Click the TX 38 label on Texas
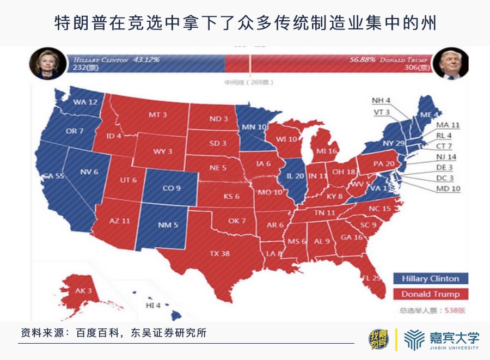pyautogui.click(x=219, y=253)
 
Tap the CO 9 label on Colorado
pyautogui.click(x=171, y=188)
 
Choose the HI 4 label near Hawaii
pyautogui.click(x=153, y=306)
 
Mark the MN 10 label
pyautogui.click(x=254, y=127)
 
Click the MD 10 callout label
pyautogui.click(x=448, y=188)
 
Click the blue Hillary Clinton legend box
pyautogui.click(x=430, y=279)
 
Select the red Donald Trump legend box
pyautogui.click(x=430, y=294)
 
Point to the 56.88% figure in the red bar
pyautogui.click(x=362, y=59)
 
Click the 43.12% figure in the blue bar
pyautogui.click(x=146, y=59)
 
